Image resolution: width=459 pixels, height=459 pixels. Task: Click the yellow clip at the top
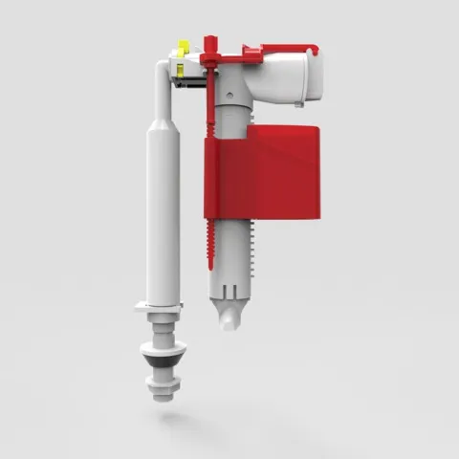(x=180, y=48)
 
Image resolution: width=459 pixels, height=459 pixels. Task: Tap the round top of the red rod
(x=209, y=39)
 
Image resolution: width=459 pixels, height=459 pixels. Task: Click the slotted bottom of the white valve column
(x=229, y=287)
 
